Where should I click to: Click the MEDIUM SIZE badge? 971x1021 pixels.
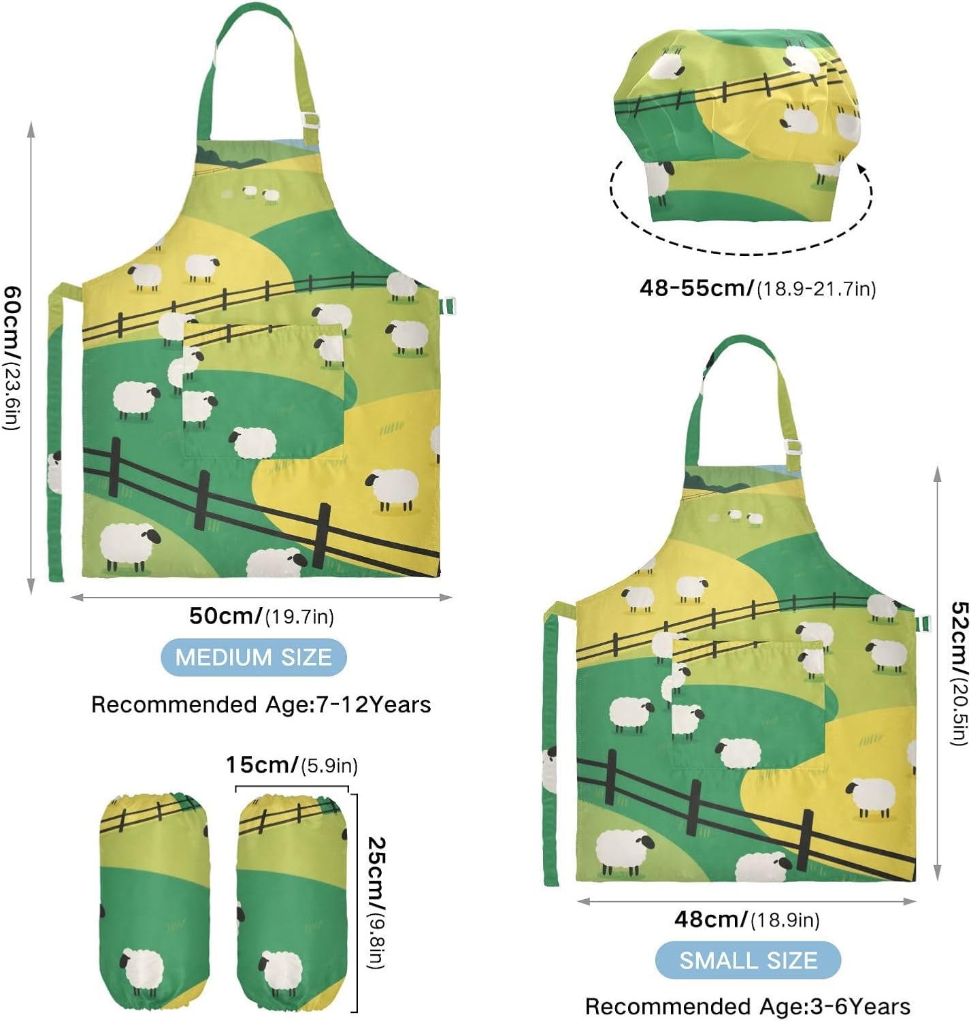(x=253, y=657)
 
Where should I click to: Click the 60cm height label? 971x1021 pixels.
(x=12, y=357)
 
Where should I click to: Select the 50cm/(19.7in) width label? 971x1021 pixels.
(x=261, y=616)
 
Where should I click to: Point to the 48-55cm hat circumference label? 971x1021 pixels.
(x=757, y=288)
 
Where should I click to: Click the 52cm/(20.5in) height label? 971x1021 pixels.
(x=959, y=672)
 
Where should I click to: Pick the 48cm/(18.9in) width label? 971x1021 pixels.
(x=746, y=920)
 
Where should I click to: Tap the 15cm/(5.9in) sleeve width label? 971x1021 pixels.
(x=292, y=765)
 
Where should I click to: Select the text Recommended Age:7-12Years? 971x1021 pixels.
(x=261, y=704)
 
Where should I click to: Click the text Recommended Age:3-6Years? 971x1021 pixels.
(x=748, y=1007)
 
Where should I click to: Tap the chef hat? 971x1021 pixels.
(x=737, y=125)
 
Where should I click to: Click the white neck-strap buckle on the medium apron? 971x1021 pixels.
(x=310, y=120)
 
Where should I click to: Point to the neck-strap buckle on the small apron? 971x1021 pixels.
(x=793, y=447)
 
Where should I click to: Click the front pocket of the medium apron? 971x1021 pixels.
(x=263, y=391)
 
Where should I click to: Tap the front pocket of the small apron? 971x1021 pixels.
(x=748, y=704)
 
